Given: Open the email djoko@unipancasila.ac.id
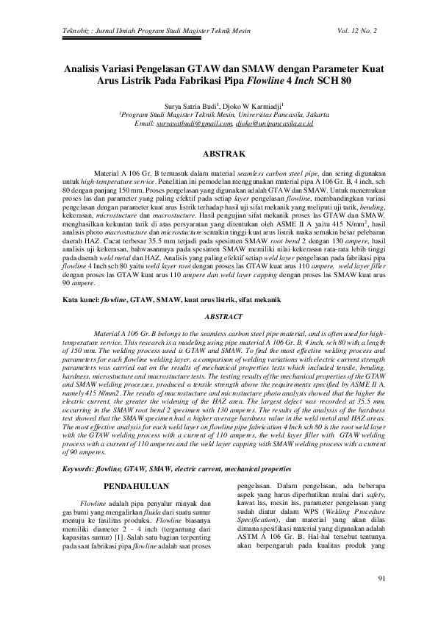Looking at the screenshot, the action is [274, 125].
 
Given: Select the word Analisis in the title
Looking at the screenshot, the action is [83, 67].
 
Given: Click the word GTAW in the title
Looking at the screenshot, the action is [206, 67].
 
